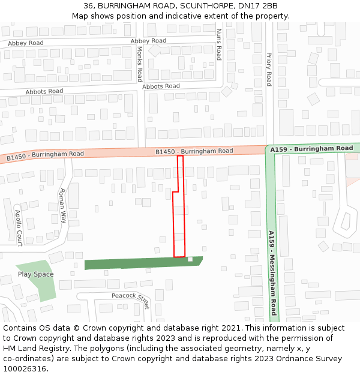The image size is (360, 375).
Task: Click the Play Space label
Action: pyautogui.click(x=35, y=274)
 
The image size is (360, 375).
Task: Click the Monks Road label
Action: pyautogui.click(x=139, y=64)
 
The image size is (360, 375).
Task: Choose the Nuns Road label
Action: pyautogui.click(x=218, y=44)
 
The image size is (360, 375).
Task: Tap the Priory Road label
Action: pyautogui.click(x=269, y=69)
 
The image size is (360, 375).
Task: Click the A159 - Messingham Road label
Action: pyautogui.click(x=272, y=273)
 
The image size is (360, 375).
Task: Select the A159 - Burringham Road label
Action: pyautogui.click(x=311, y=148)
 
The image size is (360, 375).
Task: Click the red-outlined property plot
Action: pyautogui.click(x=179, y=222)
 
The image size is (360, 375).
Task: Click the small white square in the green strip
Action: pyautogui.click(x=190, y=259)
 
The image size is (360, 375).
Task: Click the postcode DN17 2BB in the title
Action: pyautogui.click(x=257, y=5)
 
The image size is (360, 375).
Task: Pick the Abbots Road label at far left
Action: pyautogui.click(x=44, y=91)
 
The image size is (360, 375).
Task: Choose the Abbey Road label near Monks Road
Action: pyautogui.click(x=148, y=41)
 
